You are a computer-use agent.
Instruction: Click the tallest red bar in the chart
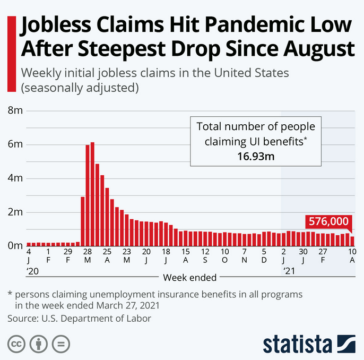[92, 194]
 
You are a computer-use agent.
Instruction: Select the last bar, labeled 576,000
[352, 241]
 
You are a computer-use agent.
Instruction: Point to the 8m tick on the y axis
[14, 111]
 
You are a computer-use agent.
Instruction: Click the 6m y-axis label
[14, 144]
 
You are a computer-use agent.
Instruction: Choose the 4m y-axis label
[14, 178]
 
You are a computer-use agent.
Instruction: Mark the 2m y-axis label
[14, 212]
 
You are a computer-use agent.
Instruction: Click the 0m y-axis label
[14, 245]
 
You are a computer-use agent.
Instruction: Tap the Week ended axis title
[189, 277]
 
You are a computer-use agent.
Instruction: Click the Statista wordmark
[299, 342]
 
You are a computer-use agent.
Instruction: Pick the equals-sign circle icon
[61, 343]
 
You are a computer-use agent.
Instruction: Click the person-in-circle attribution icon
[39, 343]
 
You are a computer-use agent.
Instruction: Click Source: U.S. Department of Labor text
[79, 318]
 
